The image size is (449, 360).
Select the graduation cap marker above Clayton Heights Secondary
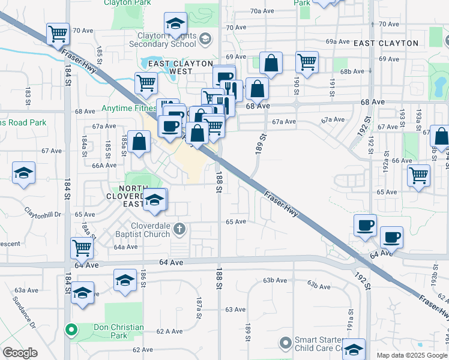(175, 24)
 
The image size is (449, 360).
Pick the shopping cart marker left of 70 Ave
(58, 34)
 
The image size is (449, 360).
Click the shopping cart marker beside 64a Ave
(82, 247)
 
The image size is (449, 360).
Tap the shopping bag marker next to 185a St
(139, 142)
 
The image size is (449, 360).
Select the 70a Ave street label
(262, 11)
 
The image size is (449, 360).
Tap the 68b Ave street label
(352, 71)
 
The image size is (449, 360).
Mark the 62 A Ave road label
(169, 331)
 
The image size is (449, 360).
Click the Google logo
(20, 353)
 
